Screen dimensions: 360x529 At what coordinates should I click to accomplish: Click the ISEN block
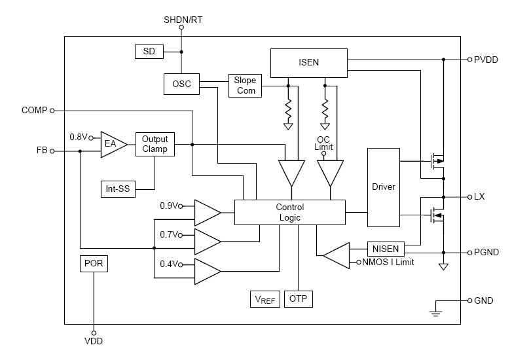point(309,63)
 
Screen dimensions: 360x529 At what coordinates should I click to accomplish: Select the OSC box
point(181,84)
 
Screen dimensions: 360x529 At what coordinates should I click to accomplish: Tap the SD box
point(149,51)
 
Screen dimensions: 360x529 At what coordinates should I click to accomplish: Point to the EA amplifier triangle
point(111,145)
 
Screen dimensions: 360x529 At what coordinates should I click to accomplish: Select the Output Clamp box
point(155,144)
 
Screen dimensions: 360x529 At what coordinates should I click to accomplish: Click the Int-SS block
point(118,190)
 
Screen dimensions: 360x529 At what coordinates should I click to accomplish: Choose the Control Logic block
point(289,212)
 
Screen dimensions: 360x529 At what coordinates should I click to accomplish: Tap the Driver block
point(383,187)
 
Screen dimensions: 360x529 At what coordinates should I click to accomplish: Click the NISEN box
point(386,249)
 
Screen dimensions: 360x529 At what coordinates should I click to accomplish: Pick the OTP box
point(301,299)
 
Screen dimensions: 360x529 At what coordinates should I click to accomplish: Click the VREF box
point(265,299)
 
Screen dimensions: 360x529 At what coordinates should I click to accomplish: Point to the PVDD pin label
point(486,59)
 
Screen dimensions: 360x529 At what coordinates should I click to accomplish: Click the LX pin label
point(480,197)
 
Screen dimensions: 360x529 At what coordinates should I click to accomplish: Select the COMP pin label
point(34,111)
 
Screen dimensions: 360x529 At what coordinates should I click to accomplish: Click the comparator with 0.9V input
point(207,212)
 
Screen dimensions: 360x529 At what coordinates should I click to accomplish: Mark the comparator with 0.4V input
point(207,270)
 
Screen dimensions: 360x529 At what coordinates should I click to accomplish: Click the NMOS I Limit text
point(388,262)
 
